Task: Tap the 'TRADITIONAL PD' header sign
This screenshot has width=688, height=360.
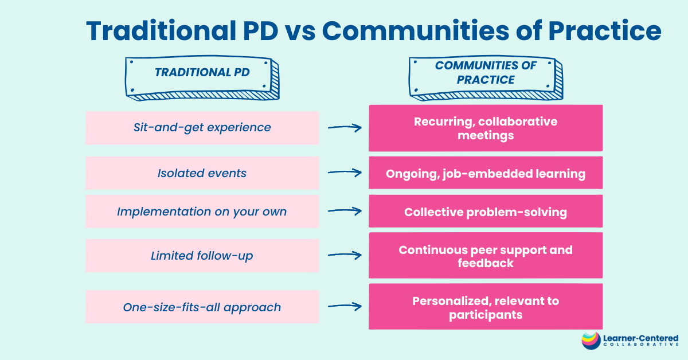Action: pyautogui.click(x=202, y=78)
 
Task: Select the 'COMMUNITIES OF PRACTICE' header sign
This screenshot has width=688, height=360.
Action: pyautogui.click(x=486, y=78)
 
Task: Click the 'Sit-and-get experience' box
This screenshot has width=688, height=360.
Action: pyautogui.click(x=202, y=128)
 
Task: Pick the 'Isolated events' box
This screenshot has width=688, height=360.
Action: pyautogui.click(x=202, y=173)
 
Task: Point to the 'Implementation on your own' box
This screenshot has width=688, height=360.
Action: pyautogui.click(x=202, y=212)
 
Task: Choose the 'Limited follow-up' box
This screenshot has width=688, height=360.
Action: pyautogui.click(x=202, y=256)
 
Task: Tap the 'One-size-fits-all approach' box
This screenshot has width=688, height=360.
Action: pyautogui.click(x=202, y=307)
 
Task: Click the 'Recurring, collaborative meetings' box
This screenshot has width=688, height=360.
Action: pyautogui.click(x=486, y=128)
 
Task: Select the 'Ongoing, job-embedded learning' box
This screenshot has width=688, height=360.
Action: pyautogui.click(x=486, y=173)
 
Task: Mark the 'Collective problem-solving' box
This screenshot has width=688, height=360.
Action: pyautogui.click(x=486, y=212)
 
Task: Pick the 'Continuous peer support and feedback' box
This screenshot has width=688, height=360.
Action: pyautogui.click(x=486, y=256)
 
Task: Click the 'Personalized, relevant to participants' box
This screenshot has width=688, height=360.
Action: pyautogui.click(x=486, y=307)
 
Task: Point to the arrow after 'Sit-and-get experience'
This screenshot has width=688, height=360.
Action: pyautogui.click(x=345, y=127)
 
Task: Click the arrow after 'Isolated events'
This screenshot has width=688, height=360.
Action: pyautogui.click(x=345, y=173)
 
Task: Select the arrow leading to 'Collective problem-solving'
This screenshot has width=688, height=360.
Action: pyautogui.click(x=345, y=211)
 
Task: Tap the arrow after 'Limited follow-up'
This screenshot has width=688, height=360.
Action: pyautogui.click(x=345, y=255)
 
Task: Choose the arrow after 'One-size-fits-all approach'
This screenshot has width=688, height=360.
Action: pyautogui.click(x=345, y=306)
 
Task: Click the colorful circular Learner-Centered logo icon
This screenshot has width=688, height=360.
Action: pyautogui.click(x=591, y=341)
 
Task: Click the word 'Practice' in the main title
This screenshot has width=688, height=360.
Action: pyautogui.click(x=604, y=31)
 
